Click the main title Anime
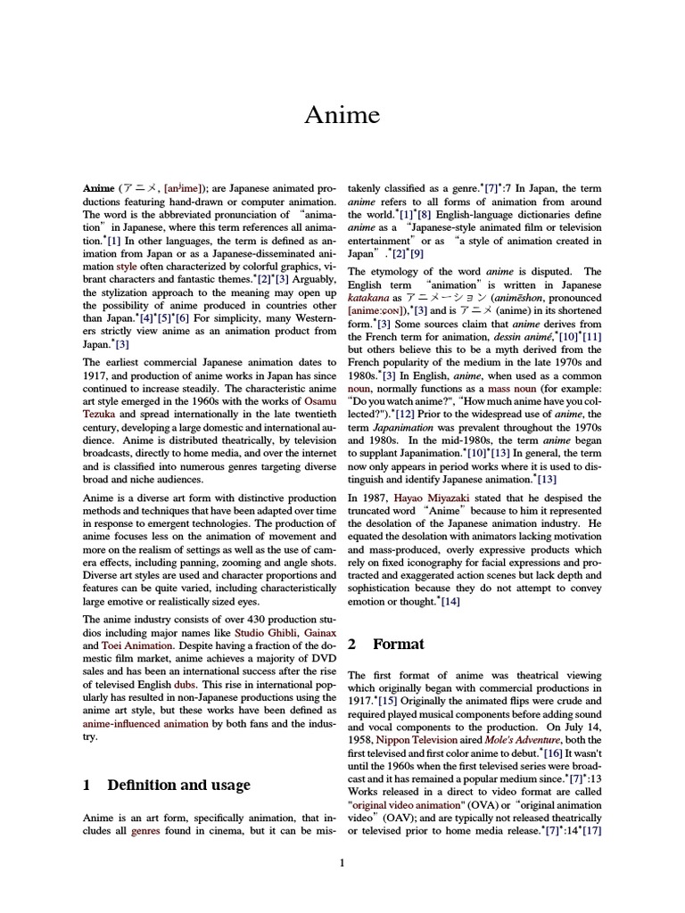coord(342,115)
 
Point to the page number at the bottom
coord(342,862)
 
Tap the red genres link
coord(145,830)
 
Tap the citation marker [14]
coord(450,602)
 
